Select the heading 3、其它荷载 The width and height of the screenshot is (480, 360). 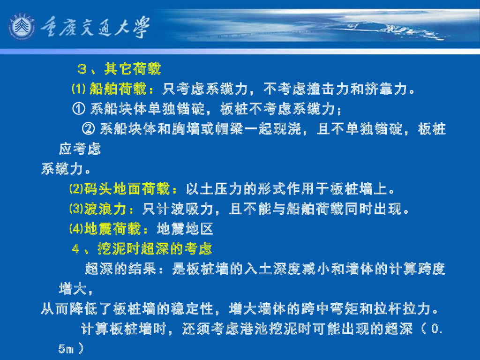pos(119,69)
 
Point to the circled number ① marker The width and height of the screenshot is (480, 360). pos(79,109)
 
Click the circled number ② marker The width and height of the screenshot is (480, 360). pos(88,128)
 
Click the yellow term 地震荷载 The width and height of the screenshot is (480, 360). pos(112,229)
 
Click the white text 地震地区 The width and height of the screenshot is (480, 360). pos(185,229)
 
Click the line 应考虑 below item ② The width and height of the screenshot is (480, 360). pos(80,149)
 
